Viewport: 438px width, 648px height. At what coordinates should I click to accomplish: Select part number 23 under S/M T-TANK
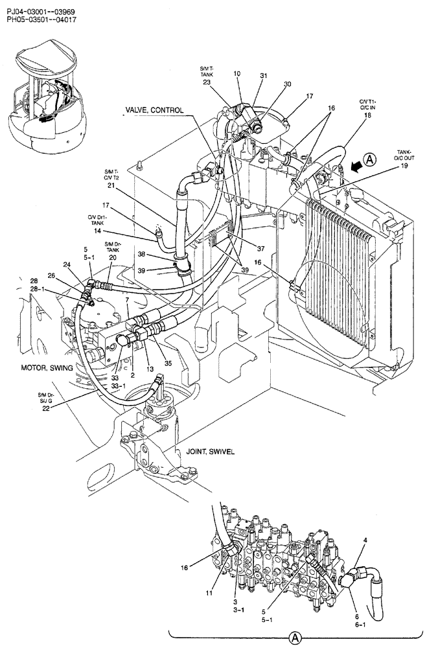tap(207, 82)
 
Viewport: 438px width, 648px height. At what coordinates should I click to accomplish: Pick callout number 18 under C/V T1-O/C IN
tap(367, 115)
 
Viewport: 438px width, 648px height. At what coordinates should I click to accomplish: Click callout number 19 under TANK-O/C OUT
tap(404, 166)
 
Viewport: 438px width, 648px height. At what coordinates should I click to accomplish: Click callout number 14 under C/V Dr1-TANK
tap(97, 231)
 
